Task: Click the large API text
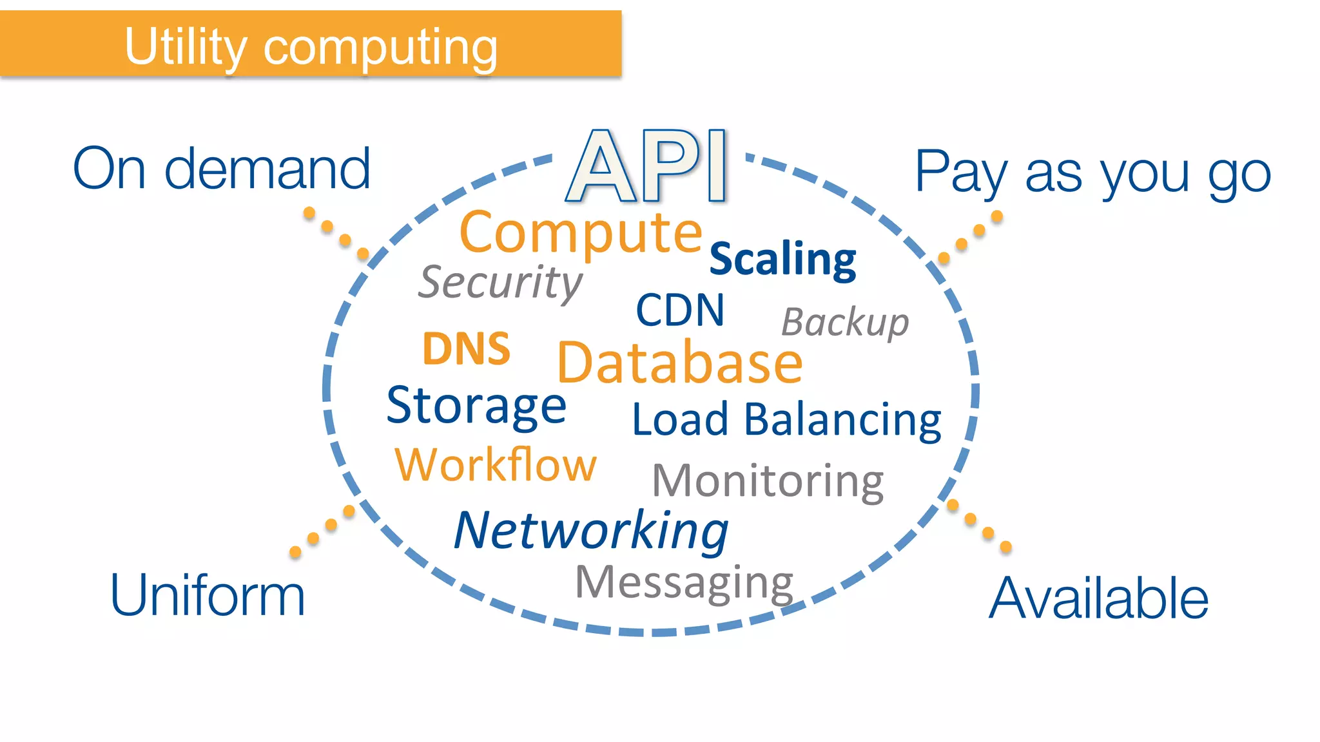(646, 166)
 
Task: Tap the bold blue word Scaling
(782, 260)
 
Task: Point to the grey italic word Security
(500, 282)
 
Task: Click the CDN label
(680, 310)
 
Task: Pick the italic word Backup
(844, 322)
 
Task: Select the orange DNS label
(466, 349)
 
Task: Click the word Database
(679, 363)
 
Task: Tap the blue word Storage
(476, 406)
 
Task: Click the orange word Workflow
(495, 464)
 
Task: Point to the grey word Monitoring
(767, 481)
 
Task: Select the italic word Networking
(590, 531)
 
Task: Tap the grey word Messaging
(683, 582)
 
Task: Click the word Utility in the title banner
(186, 47)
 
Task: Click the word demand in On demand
(267, 169)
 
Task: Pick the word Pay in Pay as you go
(960, 173)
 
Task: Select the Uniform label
(207, 596)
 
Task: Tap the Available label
(1098, 599)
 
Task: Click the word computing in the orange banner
(380, 48)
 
